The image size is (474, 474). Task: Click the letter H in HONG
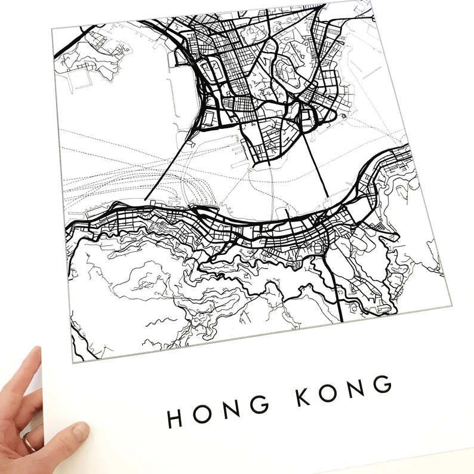(x=175, y=417)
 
